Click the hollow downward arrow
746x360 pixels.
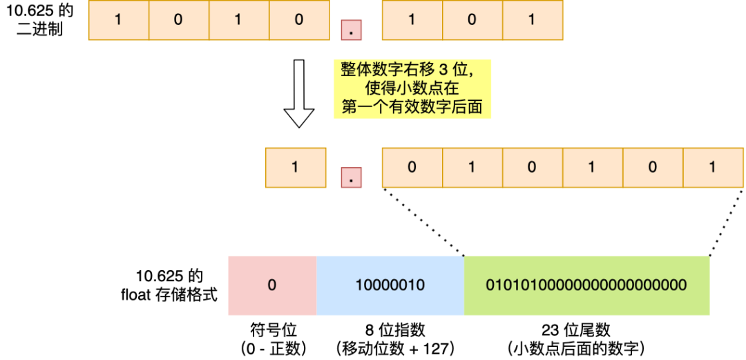click(298, 93)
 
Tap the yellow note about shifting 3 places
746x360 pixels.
click(412, 88)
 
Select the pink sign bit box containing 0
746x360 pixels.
click(272, 285)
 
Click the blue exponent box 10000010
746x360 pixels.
click(390, 285)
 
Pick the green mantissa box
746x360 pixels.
click(586, 285)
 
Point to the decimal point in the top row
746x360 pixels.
click(352, 30)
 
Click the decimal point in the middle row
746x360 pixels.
click(352, 178)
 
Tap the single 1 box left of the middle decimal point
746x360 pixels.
click(295, 167)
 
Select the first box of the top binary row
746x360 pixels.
click(119, 19)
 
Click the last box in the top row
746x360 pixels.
click(532, 19)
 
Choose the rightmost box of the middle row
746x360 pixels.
click(713, 167)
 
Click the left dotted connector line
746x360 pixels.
click(423, 220)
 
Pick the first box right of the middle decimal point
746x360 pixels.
click(412, 167)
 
